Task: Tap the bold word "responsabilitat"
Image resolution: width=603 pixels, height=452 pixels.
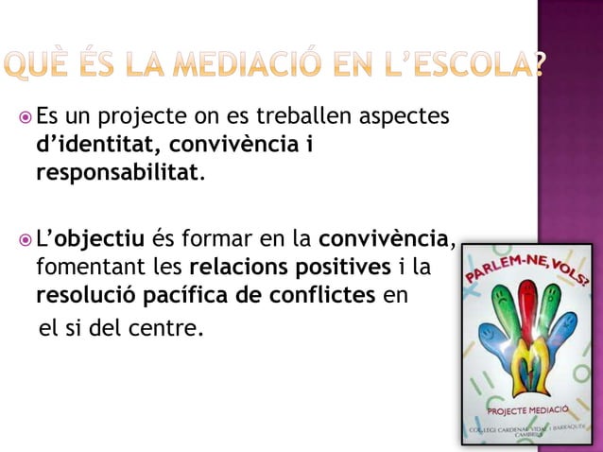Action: (117, 175)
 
